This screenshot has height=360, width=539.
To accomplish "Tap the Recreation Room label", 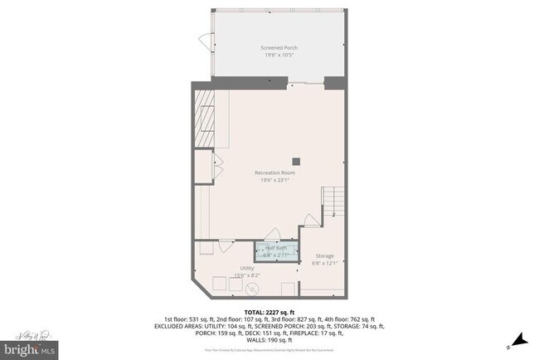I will point(274,173).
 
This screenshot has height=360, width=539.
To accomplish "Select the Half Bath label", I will point(276,248).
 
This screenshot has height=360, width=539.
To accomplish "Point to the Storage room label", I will point(325,256).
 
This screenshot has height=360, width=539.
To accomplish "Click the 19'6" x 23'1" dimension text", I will point(274,180).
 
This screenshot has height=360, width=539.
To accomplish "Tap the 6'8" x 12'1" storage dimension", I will point(325,264).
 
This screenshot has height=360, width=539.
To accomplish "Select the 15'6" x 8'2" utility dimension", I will point(247,275).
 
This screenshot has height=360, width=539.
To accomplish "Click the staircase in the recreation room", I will point(333,201).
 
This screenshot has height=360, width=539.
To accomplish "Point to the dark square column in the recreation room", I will point(294,161).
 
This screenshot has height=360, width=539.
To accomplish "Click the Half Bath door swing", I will point(274,235).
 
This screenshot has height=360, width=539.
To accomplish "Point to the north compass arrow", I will point(520,339).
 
